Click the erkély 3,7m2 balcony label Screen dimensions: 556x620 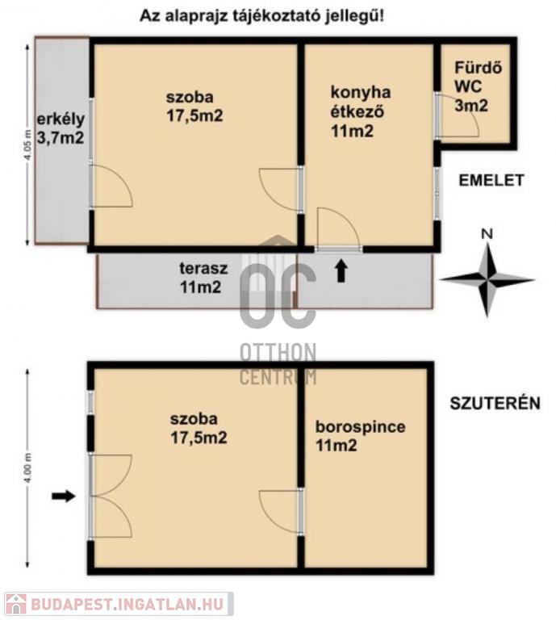pos(61,128)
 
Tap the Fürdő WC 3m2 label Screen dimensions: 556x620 pos(479,86)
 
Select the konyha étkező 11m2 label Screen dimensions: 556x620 pos(361,111)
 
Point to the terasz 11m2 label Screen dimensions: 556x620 pos(203,278)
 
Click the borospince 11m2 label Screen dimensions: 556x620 pos(361,436)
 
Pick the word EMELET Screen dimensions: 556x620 pos(491,180)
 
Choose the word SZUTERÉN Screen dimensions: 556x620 pos(495,404)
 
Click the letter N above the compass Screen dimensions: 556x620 pos(487,234)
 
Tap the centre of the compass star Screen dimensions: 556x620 pos(487,279)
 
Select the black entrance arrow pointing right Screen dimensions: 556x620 pos(63,496)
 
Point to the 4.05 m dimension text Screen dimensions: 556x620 pos(27,145)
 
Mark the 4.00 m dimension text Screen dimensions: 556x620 pos(27,467)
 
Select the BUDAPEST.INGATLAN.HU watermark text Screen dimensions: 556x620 pos(128,604)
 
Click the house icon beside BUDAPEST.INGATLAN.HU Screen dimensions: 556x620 pos(16,604)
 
